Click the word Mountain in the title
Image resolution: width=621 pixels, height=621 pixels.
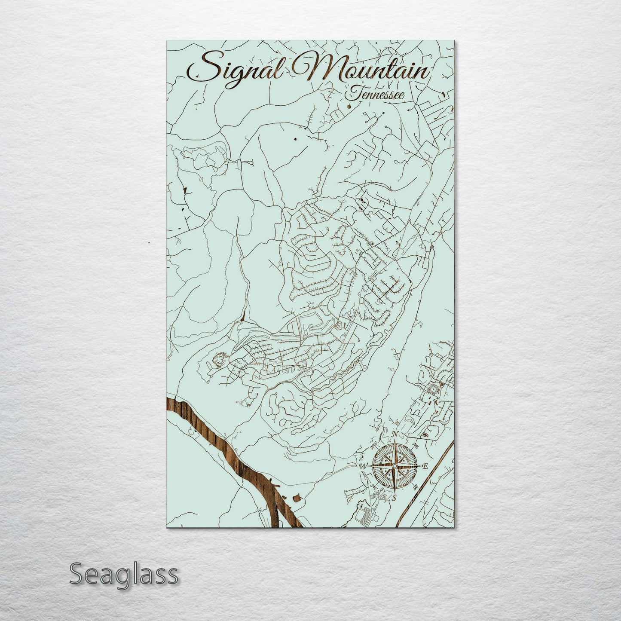coord(365,69)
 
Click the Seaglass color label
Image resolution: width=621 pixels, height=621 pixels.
coord(123,574)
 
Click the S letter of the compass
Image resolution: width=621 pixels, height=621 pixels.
coord(394,498)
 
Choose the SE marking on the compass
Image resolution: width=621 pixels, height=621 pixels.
coord(415,486)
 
